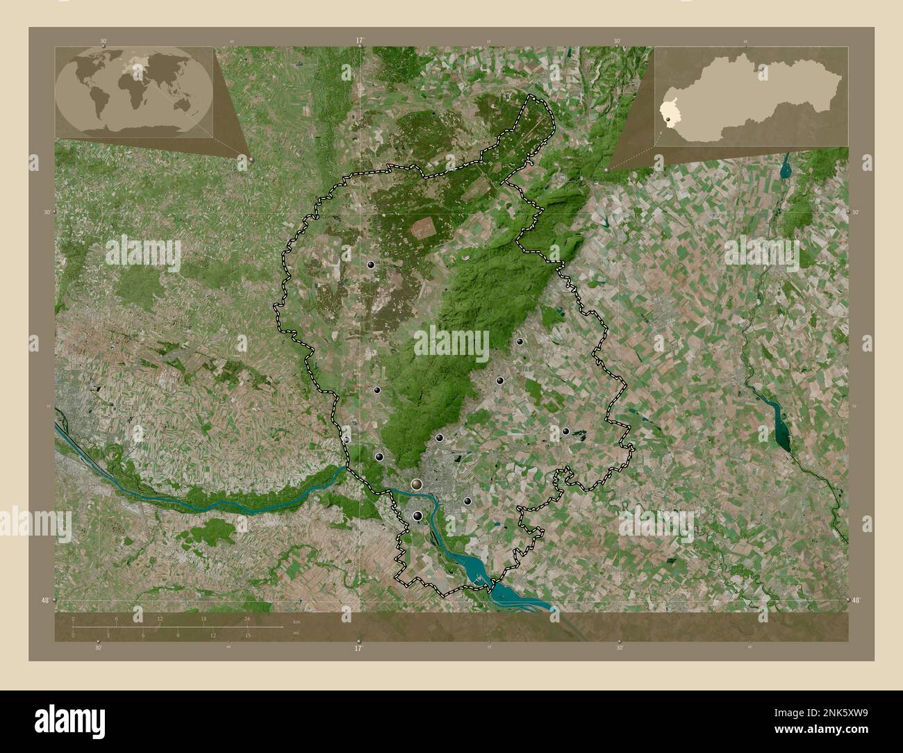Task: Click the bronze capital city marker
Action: [417, 483]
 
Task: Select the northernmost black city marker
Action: [371, 265]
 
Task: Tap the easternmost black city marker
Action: [566, 431]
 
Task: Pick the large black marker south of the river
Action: [417, 515]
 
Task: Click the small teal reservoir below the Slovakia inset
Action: [785, 167]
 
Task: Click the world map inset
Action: [134, 90]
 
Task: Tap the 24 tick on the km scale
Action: [247, 620]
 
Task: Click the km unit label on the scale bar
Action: [296, 621]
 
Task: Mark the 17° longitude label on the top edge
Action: [359, 41]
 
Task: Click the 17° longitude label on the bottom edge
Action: [358, 648]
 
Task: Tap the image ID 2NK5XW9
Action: [826, 713]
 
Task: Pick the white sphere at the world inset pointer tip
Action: [251, 160]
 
